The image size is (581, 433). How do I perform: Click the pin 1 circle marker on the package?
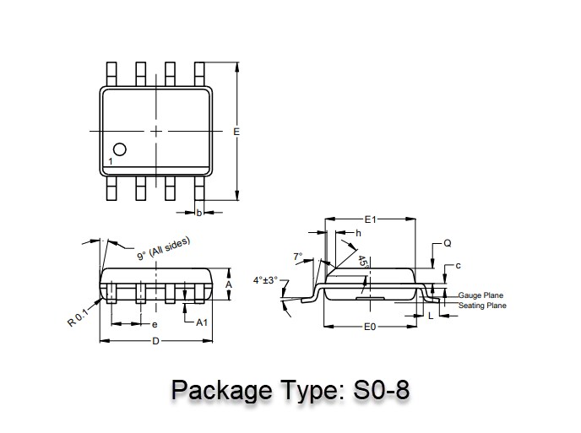coord(120,149)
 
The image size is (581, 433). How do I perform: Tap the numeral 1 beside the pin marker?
coord(111,161)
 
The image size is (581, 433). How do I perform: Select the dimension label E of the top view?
coord(236,132)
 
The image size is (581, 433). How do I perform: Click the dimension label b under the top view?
coord(199,213)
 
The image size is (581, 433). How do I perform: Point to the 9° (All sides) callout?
coord(164,248)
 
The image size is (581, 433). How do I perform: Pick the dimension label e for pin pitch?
coord(155,325)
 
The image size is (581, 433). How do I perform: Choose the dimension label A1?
coord(202,322)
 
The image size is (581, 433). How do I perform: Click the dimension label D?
coord(155,341)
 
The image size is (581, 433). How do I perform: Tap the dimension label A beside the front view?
coord(229,284)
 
